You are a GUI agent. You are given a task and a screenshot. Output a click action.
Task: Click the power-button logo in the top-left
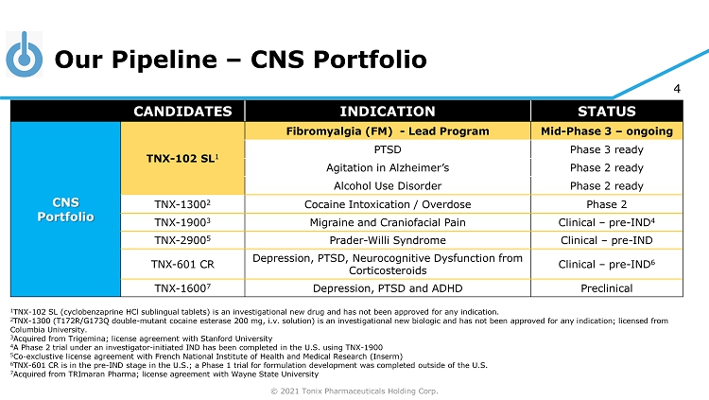tap(24, 58)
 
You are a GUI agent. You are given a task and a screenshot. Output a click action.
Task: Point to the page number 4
tap(676, 90)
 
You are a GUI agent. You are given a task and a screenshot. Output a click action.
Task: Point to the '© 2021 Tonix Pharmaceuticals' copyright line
tap(354, 391)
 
